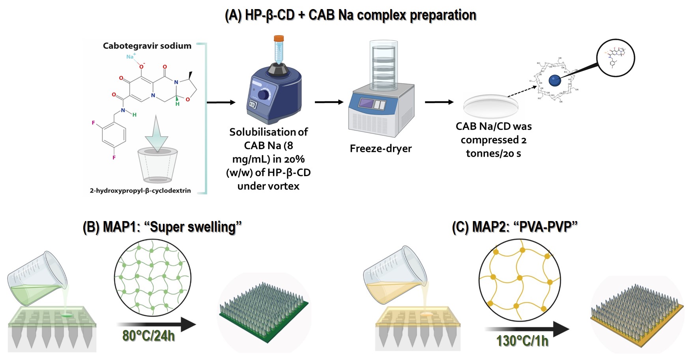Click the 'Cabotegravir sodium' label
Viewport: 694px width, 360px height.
click(x=147, y=46)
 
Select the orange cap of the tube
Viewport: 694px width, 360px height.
click(x=279, y=38)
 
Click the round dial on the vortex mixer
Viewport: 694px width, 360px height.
click(x=264, y=94)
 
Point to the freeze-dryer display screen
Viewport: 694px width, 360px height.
click(x=366, y=104)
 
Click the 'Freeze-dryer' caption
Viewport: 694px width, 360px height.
click(x=380, y=148)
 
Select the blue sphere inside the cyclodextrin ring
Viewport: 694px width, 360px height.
click(x=555, y=81)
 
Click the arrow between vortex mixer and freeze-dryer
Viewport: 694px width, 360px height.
click(x=329, y=102)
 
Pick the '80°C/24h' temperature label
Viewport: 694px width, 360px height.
click(x=148, y=336)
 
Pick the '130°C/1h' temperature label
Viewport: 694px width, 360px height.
click(x=522, y=341)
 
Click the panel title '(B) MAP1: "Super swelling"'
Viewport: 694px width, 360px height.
click(x=162, y=227)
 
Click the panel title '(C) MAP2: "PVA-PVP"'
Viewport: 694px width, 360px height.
click(x=514, y=227)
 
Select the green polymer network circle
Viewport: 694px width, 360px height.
click(x=153, y=277)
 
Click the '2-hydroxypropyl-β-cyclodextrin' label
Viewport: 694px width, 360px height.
click(x=140, y=191)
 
